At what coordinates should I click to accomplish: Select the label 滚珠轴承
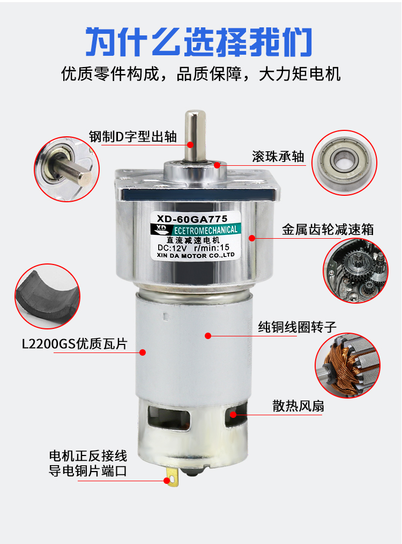278,156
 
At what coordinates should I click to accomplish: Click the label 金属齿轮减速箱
327,230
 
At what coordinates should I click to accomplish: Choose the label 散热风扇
298,406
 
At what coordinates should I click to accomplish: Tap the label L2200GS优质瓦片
75,343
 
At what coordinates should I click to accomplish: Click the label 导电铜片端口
88,472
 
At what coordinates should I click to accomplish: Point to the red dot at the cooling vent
234,415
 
